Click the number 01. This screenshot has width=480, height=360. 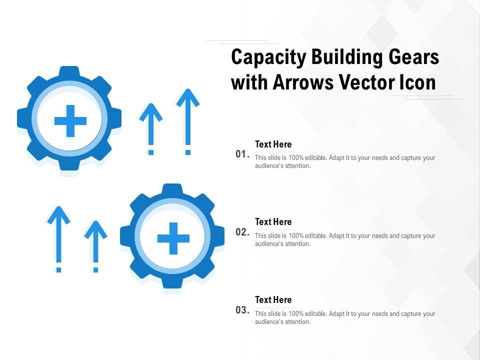[242, 154]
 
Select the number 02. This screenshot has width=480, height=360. [242, 232]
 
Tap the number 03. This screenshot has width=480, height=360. [242, 310]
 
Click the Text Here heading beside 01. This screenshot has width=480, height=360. [273, 144]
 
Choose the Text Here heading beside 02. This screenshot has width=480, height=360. [273, 222]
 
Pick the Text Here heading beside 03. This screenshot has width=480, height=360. [273, 300]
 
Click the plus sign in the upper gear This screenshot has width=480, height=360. [70, 120]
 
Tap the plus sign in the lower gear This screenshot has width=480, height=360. [173, 238]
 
